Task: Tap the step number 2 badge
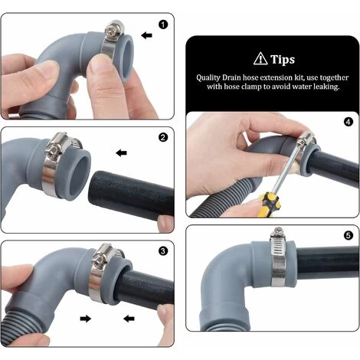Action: coord(162,138)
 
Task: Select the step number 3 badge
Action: coord(162,250)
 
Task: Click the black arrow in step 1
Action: coord(147,35)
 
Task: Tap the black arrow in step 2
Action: coord(121,153)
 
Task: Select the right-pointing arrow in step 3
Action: coord(86,317)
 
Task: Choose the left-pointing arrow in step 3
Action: coord(128,317)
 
